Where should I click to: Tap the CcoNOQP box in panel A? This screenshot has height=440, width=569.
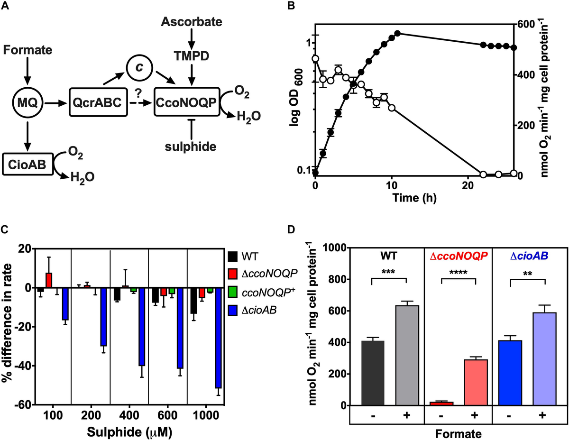[185, 101]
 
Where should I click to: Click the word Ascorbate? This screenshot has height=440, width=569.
[192, 22]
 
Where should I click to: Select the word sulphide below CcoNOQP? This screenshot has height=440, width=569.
[192, 147]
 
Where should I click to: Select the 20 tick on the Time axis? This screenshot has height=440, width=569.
[468, 185]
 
